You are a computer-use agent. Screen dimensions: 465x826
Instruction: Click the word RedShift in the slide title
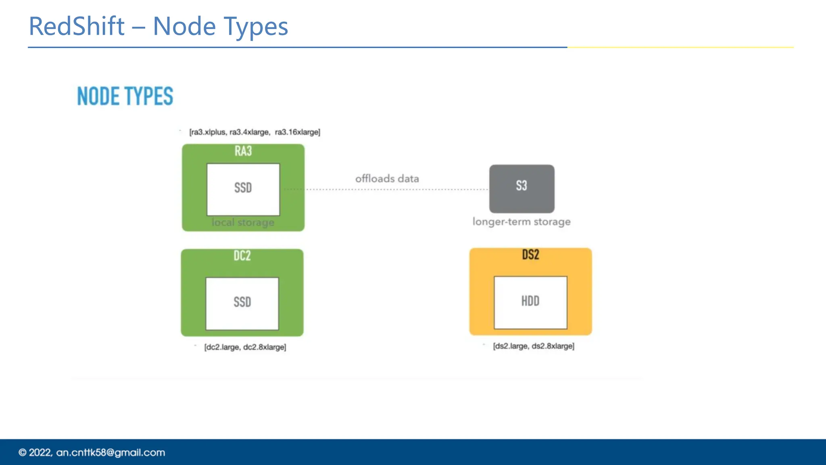[x=77, y=27]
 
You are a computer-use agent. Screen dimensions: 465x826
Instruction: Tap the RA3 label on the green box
[x=243, y=151]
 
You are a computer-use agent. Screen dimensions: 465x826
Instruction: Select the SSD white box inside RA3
[x=243, y=189]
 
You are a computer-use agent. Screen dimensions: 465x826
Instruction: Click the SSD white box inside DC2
[x=242, y=303]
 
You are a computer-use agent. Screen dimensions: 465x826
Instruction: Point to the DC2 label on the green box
[x=242, y=256]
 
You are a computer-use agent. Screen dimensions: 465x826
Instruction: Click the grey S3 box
[x=521, y=188]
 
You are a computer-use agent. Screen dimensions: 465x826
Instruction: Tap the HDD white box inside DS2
[x=530, y=302]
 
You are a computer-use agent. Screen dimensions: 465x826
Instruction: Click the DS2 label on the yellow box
[x=530, y=255]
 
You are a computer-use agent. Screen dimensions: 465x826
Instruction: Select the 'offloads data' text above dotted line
[x=387, y=179]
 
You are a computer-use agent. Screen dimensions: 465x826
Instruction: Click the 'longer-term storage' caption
[x=521, y=222]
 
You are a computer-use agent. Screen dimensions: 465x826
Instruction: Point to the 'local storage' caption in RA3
[x=243, y=222]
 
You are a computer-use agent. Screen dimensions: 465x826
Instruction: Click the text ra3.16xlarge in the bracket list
[x=297, y=132]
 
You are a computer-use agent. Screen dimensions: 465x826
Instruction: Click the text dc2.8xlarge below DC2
[x=265, y=347]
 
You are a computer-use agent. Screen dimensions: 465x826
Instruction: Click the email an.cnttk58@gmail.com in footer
[x=111, y=452]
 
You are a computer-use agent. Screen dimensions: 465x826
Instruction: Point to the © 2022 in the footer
[x=35, y=452]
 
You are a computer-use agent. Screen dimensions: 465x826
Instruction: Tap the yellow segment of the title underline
[x=680, y=47]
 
